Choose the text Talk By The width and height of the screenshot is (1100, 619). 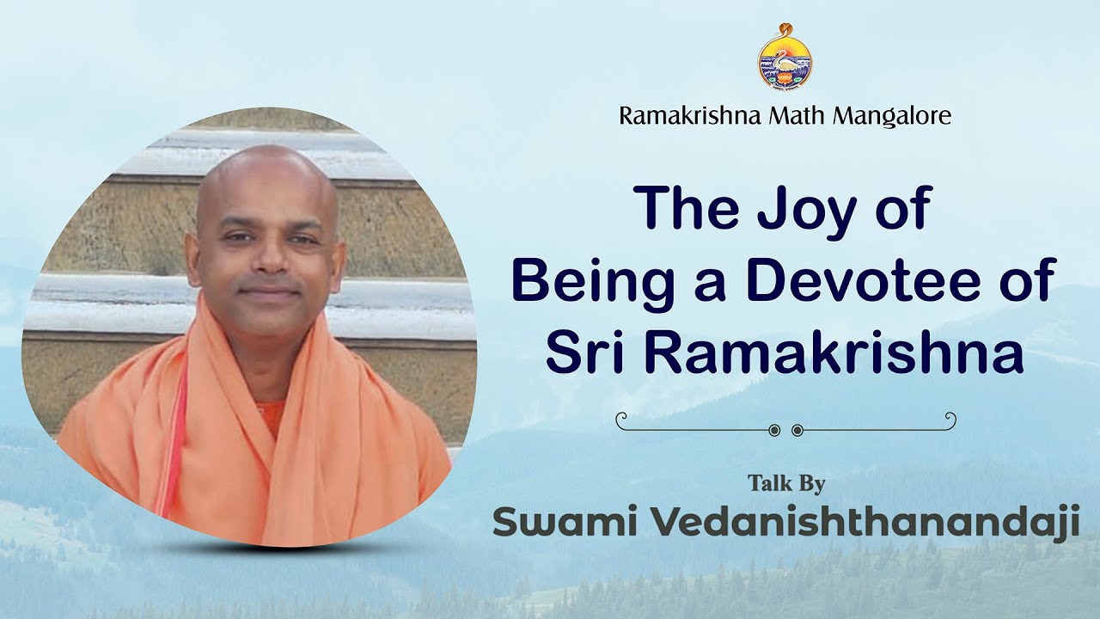pos(785,483)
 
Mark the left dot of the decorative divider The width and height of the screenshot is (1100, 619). pos(774,429)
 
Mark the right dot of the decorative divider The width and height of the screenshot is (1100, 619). pos(797,429)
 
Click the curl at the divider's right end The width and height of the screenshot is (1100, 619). pos(950,419)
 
